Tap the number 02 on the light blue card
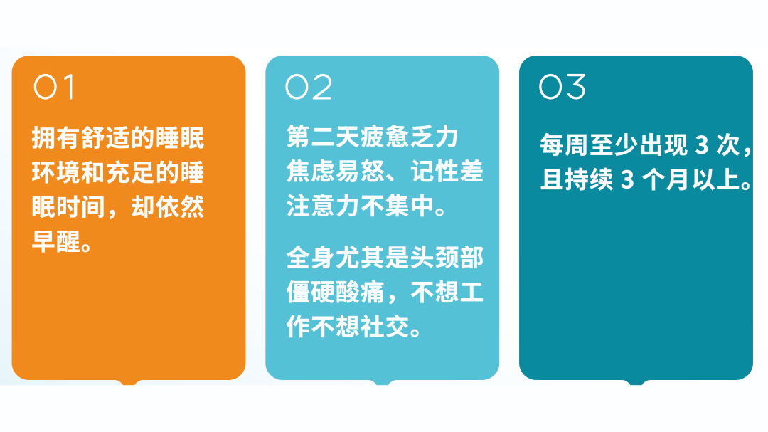(x=309, y=87)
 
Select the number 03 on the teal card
(x=562, y=87)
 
